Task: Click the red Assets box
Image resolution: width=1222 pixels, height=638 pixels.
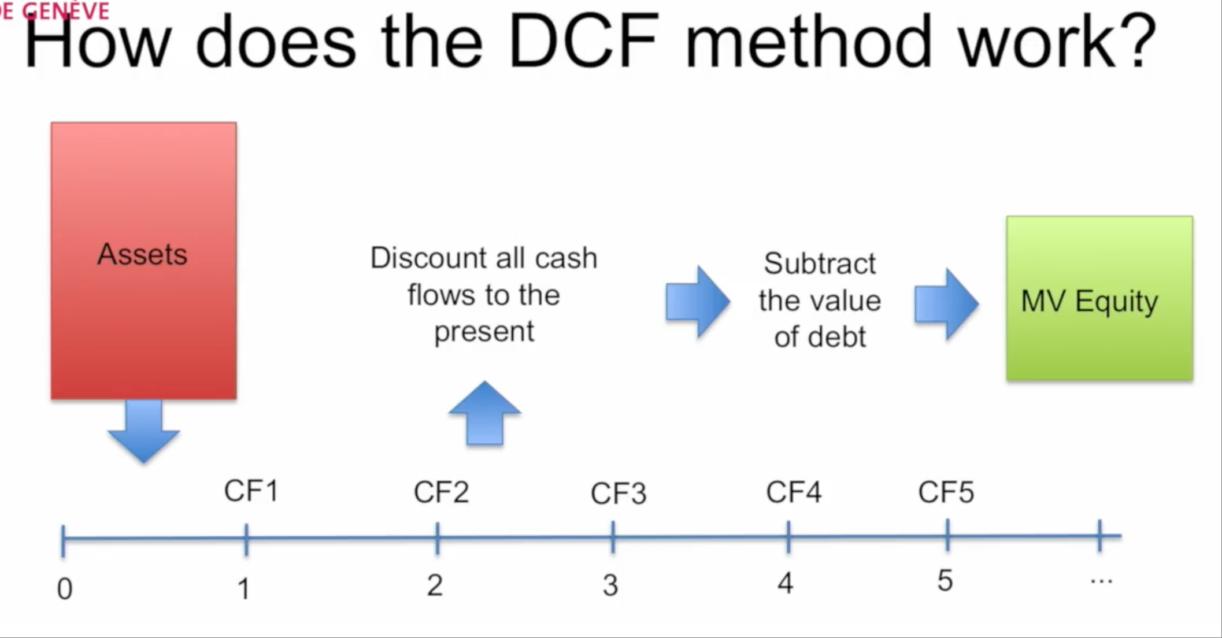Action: (x=144, y=261)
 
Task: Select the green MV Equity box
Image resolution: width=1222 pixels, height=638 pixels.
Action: (x=1099, y=298)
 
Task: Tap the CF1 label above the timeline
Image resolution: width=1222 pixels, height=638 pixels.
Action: (x=251, y=491)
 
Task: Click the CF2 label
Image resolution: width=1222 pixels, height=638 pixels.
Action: (x=441, y=492)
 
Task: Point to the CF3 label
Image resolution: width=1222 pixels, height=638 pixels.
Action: (x=619, y=494)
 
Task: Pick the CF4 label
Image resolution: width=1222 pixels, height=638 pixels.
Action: (x=794, y=492)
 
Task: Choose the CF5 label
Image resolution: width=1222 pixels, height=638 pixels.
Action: (x=946, y=492)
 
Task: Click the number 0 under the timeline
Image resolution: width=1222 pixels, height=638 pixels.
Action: (x=65, y=589)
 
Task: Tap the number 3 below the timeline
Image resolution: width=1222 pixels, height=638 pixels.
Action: (x=610, y=585)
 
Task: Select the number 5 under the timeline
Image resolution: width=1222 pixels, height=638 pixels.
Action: (x=945, y=580)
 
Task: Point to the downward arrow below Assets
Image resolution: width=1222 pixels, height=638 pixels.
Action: (x=143, y=431)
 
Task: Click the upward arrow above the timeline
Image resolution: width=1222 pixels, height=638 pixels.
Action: (x=485, y=413)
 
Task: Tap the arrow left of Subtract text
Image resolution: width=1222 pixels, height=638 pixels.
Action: (x=698, y=302)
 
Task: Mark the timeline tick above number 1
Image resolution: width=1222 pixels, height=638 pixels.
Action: (x=246, y=539)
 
